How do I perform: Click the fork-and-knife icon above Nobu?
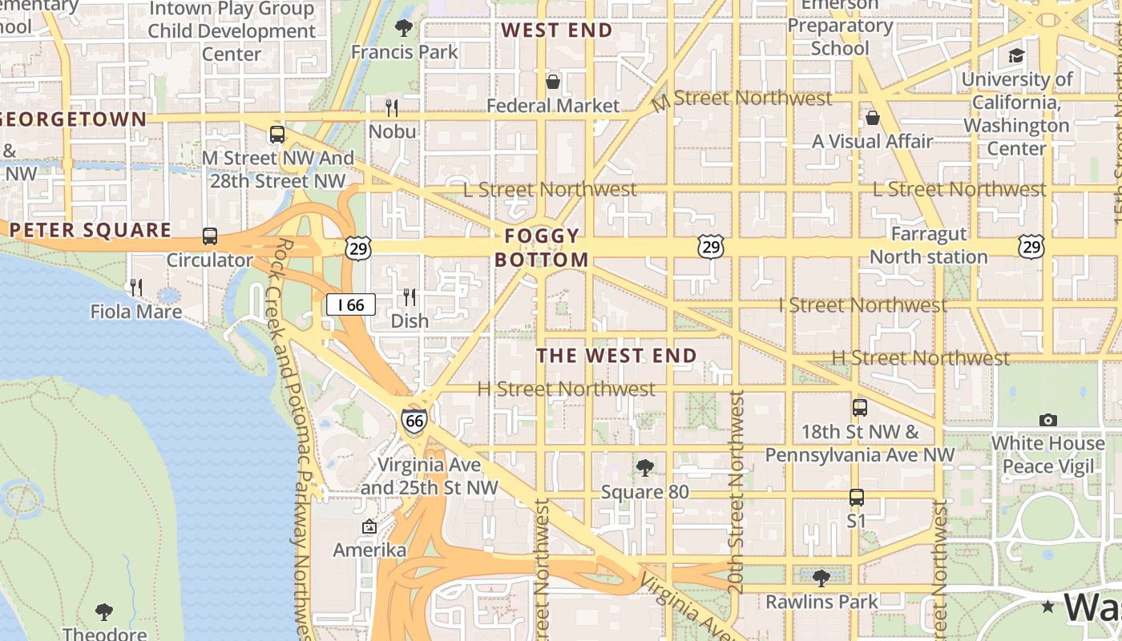[x=392, y=107]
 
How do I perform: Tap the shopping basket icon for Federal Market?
[x=553, y=82]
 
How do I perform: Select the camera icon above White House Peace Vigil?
[x=1047, y=420]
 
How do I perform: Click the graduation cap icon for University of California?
[x=1016, y=55]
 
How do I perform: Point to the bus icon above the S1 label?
[x=857, y=498]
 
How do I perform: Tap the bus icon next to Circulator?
[x=210, y=236]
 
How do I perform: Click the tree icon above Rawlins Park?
[x=821, y=578]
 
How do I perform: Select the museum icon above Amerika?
[x=369, y=526]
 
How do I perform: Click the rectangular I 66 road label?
[x=351, y=304]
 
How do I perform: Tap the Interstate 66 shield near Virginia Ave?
[x=414, y=420]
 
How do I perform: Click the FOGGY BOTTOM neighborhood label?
[x=542, y=248]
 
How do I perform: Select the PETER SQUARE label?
[x=91, y=230]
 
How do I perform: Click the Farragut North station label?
[x=929, y=245]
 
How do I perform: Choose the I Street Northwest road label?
[x=863, y=305]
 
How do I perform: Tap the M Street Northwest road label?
[x=742, y=99]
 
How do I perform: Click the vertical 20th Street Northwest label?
[x=736, y=492]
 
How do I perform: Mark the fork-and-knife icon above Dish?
[x=410, y=297]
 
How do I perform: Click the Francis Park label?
[x=405, y=52]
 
